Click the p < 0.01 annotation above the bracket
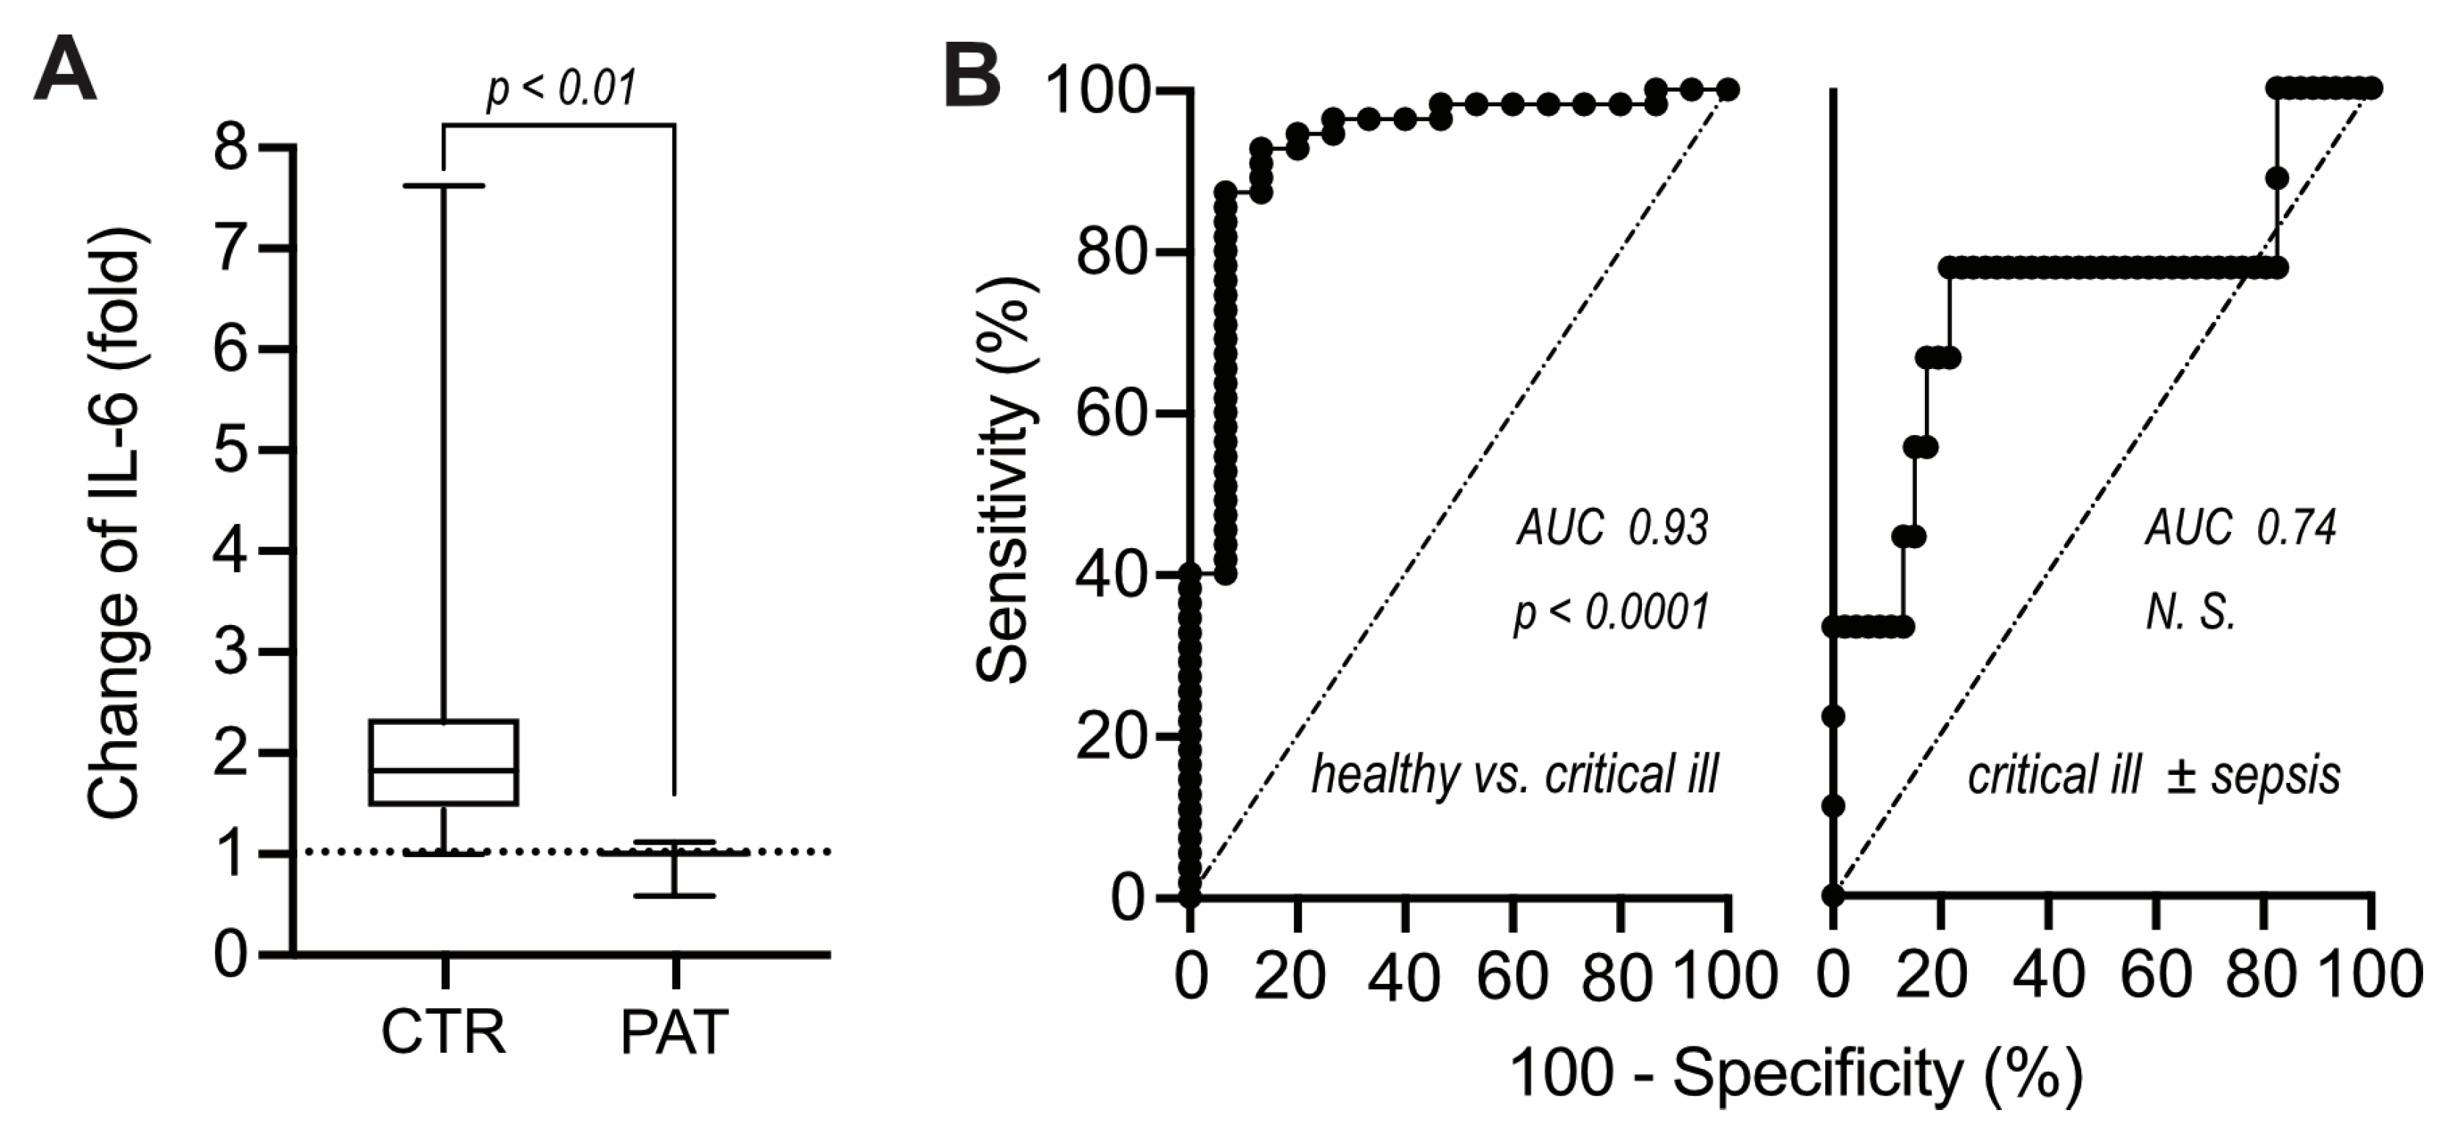click(560, 89)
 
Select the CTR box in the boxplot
click(443, 762)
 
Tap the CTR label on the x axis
click(443, 1031)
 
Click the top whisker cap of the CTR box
click(443, 186)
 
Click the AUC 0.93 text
click(1612, 528)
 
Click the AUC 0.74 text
click(2240, 528)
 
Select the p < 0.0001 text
click(1612, 613)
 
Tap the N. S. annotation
click(2191, 613)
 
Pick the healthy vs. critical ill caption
click(1515, 775)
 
